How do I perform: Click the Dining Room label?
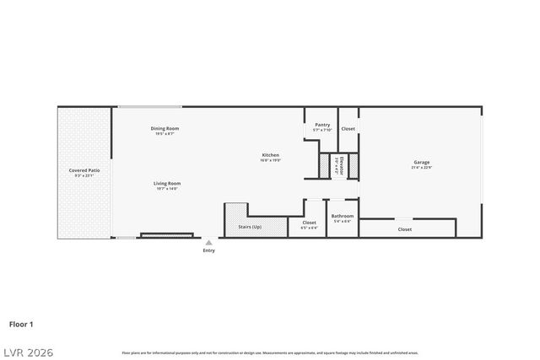pyautogui.click(x=165, y=128)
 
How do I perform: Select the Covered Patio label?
pyautogui.click(x=84, y=170)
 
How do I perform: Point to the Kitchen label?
pyautogui.click(x=270, y=154)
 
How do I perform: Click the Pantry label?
pyautogui.click(x=322, y=125)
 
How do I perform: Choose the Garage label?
pyautogui.click(x=421, y=162)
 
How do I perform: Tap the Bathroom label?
pyautogui.click(x=343, y=216)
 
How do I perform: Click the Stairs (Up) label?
pyautogui.click(x=250, y=227)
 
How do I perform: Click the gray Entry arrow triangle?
pyautogui.click(x=208, y=242)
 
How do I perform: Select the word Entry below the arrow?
pyautogui.click(x=208, y=250)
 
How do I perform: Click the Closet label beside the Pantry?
pyautogui.click(x=348, y=129)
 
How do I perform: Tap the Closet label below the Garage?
pyautogui.click(x=405, y=229)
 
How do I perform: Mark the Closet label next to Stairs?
pyautogui.click(x=309, y=223)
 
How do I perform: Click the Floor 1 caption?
pyautogui.click(x=21, y=323)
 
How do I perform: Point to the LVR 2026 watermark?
pyautogui.click(x=27, y=352)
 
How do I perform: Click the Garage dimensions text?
pyautogui.click(x=421, y=168)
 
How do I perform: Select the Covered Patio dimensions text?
pyautogui.click(x=84, y=176)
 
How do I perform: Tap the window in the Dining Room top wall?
pyautogui.click(x=149, y=106)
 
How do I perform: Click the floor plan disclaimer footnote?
pyautogui.click(x=270, y=352)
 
